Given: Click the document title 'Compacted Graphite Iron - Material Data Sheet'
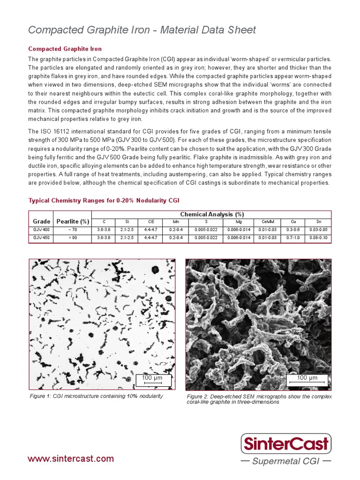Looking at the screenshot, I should click(x=142, y=30).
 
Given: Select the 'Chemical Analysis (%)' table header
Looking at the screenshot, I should click(x=211, y=214).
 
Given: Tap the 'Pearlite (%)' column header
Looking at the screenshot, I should click(x=72, y=221).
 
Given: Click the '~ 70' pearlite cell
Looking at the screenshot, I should click(x=72, y=230).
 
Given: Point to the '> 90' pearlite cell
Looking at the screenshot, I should click(x=72, y=238).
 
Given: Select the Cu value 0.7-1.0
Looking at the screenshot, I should click(x=293, y=238).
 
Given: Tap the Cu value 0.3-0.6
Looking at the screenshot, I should click(x=293, y=230).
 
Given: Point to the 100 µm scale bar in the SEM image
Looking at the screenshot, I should click(x=307, y=379).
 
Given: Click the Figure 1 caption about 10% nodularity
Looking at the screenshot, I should click(x=96, y=396).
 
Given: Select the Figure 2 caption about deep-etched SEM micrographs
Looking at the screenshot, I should click(x=259, y=399).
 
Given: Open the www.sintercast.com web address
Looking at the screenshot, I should click(x=71, y=458).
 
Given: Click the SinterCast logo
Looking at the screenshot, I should click(x=286, y=443).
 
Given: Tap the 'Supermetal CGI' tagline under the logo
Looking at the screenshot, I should click(x=285, y=461).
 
